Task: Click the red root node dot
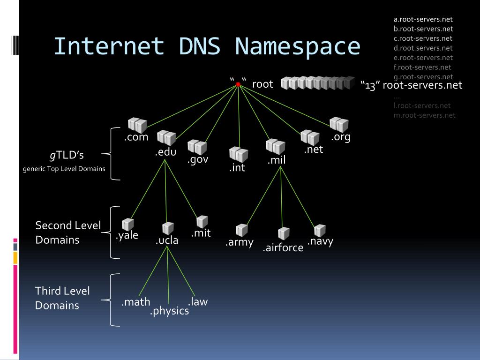(x=238, y=84)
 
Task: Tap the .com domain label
(x=136, y=137)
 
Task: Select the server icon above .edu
(x=166, y=138)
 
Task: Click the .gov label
(x=197, y=160)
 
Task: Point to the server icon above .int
(x=239, y=154)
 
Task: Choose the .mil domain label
(x=276, y=160)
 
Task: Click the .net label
(x=313, y=150)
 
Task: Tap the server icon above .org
(x=339, y=124)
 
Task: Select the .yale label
(x=127, y=235)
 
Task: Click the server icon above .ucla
(x=168, y=228)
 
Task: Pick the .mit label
(x=201, y=233)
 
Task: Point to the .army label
(x=239, y=242)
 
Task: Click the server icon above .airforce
(x=284, y=233)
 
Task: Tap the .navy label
(x=320, y=241)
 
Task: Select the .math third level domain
(x=135, y=302)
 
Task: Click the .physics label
(x=169, y=311)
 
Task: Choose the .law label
(x=197, y=302)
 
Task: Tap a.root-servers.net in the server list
(x=423, y=19)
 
